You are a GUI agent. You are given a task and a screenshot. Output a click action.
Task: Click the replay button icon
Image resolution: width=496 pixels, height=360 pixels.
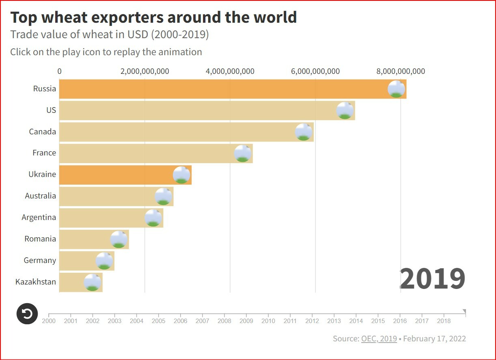pos(27,314)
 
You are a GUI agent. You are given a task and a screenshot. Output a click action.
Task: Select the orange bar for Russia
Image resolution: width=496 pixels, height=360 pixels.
pos(223,89)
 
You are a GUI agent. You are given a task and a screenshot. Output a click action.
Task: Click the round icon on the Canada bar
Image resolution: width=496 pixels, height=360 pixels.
pos(304,132)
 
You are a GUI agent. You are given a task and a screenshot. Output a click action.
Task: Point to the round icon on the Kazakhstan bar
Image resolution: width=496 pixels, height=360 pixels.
pos(93,282)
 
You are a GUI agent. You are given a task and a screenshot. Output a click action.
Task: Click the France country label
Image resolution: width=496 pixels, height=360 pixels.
pos(44,153)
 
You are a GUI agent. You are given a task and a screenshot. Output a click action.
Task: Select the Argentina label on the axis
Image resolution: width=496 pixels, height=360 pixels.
pos(39,218)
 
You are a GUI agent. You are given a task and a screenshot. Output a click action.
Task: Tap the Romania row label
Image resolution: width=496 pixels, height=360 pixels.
pos(40,239)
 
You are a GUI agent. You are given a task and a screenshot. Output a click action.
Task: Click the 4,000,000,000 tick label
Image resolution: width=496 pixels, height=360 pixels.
pos(230,71)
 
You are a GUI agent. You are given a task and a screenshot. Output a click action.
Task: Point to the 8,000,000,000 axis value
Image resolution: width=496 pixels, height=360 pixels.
pos(401,71)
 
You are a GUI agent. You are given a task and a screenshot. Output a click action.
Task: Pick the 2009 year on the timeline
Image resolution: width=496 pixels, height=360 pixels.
pos(246,321)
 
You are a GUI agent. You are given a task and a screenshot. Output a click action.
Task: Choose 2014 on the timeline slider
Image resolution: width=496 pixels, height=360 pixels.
pos(356,321)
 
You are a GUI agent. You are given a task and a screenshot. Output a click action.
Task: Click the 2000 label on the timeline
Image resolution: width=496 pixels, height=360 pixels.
pos(49,321)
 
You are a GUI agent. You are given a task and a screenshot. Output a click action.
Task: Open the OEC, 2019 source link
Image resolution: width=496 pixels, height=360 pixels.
pos(379,338)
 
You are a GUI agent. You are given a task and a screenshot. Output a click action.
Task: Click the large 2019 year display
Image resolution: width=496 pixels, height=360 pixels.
pos(432,279)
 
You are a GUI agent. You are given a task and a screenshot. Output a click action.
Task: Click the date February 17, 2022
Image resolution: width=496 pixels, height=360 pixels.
pos(434,338)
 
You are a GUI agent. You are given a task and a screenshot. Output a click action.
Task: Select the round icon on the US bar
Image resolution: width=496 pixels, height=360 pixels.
pos(345,111)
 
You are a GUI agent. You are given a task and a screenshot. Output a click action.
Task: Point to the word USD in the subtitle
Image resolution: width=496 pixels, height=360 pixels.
pos(138,35)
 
